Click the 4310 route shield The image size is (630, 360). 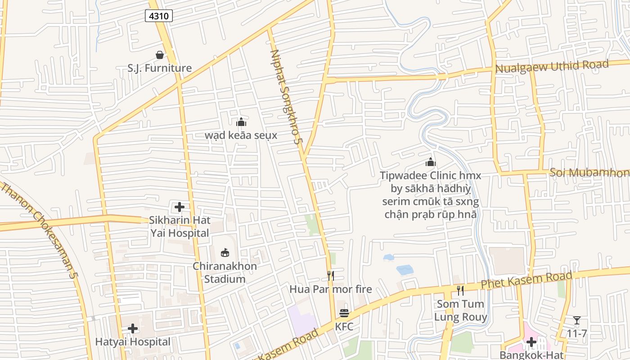click(x=159, y=16)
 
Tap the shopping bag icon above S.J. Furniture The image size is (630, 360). click(x=159, y=55)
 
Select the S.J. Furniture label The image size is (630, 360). click(x=159, y=68)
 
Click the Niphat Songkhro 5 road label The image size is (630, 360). click(x=284, y=96)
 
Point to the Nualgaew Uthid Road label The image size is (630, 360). click(x=552, y=66)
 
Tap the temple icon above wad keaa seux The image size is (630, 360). click(x=241, y=122)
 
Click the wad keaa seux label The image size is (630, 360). click(x=241, y=135)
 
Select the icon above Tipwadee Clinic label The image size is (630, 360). click(x=431, y=162)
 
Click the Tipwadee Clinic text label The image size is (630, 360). click(x=431, y=195)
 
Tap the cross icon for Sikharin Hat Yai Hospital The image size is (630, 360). click(x=180, y=207)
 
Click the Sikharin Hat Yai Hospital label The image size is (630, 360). click(x=180, y=227)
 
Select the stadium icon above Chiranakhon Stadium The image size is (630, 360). click(x=225, y=252)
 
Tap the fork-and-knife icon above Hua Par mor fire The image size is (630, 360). click(x=331, y=275)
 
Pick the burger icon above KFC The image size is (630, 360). click(x=344, y=313)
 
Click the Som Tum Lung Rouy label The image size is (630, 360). click(x=460, y=310)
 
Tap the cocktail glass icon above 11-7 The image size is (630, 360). click(x=577, y=320)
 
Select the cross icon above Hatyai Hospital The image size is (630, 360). click(x=133, y=328)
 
